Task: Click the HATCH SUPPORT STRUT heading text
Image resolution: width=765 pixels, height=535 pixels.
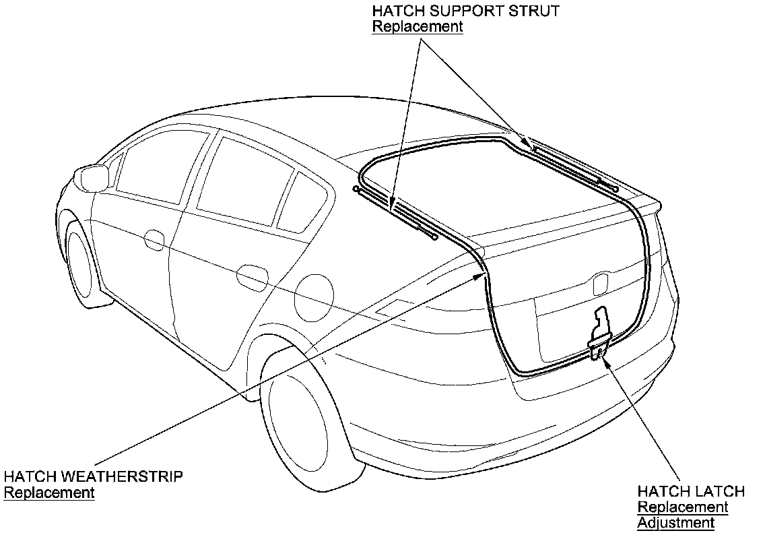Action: [x=465, y=11]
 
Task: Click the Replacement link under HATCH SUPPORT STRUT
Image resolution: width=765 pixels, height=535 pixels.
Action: [x=417, y=27]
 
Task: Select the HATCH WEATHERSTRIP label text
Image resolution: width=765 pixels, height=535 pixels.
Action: [x=93, y=477]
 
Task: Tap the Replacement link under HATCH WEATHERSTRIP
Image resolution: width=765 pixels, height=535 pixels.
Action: [x=49, y=493]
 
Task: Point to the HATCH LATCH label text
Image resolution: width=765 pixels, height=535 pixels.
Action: [x=691, y=491]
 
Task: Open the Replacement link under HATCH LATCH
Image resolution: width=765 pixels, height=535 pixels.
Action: [x=682, y=507]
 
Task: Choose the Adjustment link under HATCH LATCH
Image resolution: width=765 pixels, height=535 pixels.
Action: [x=675, y=522]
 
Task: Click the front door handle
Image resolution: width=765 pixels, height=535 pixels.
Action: [x=155, y=239]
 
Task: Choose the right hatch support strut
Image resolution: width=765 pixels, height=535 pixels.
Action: [x=573, y=165]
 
